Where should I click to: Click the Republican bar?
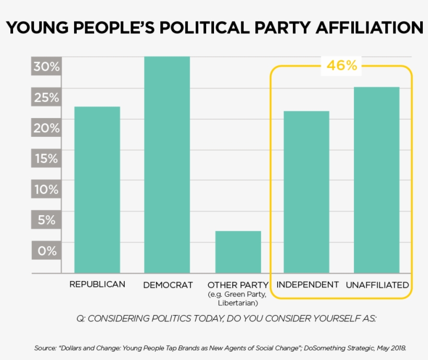(x=97, y=189)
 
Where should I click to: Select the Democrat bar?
(x=167, y=165)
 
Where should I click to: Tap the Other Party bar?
(x=238, y=251)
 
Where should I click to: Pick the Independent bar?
(x=306, y=191)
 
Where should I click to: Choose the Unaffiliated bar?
(x=376, y=180)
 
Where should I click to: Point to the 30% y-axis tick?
(x=46, y=67)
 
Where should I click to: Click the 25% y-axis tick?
(x=46, y=98)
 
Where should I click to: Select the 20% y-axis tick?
(x=46, y=128)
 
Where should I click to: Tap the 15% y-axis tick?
(x=46, y=159)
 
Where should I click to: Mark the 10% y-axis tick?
(x=46, y=189)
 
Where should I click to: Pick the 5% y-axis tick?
(x=46, y=220)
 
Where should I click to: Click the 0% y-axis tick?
(x=46, y=251)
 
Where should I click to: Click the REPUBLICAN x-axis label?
(x=97, y=284)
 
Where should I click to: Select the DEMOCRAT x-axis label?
(x=168, y=285)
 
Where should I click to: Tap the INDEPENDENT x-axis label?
(x=307, y=285)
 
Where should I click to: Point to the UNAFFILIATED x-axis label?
(x=377, y=285)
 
